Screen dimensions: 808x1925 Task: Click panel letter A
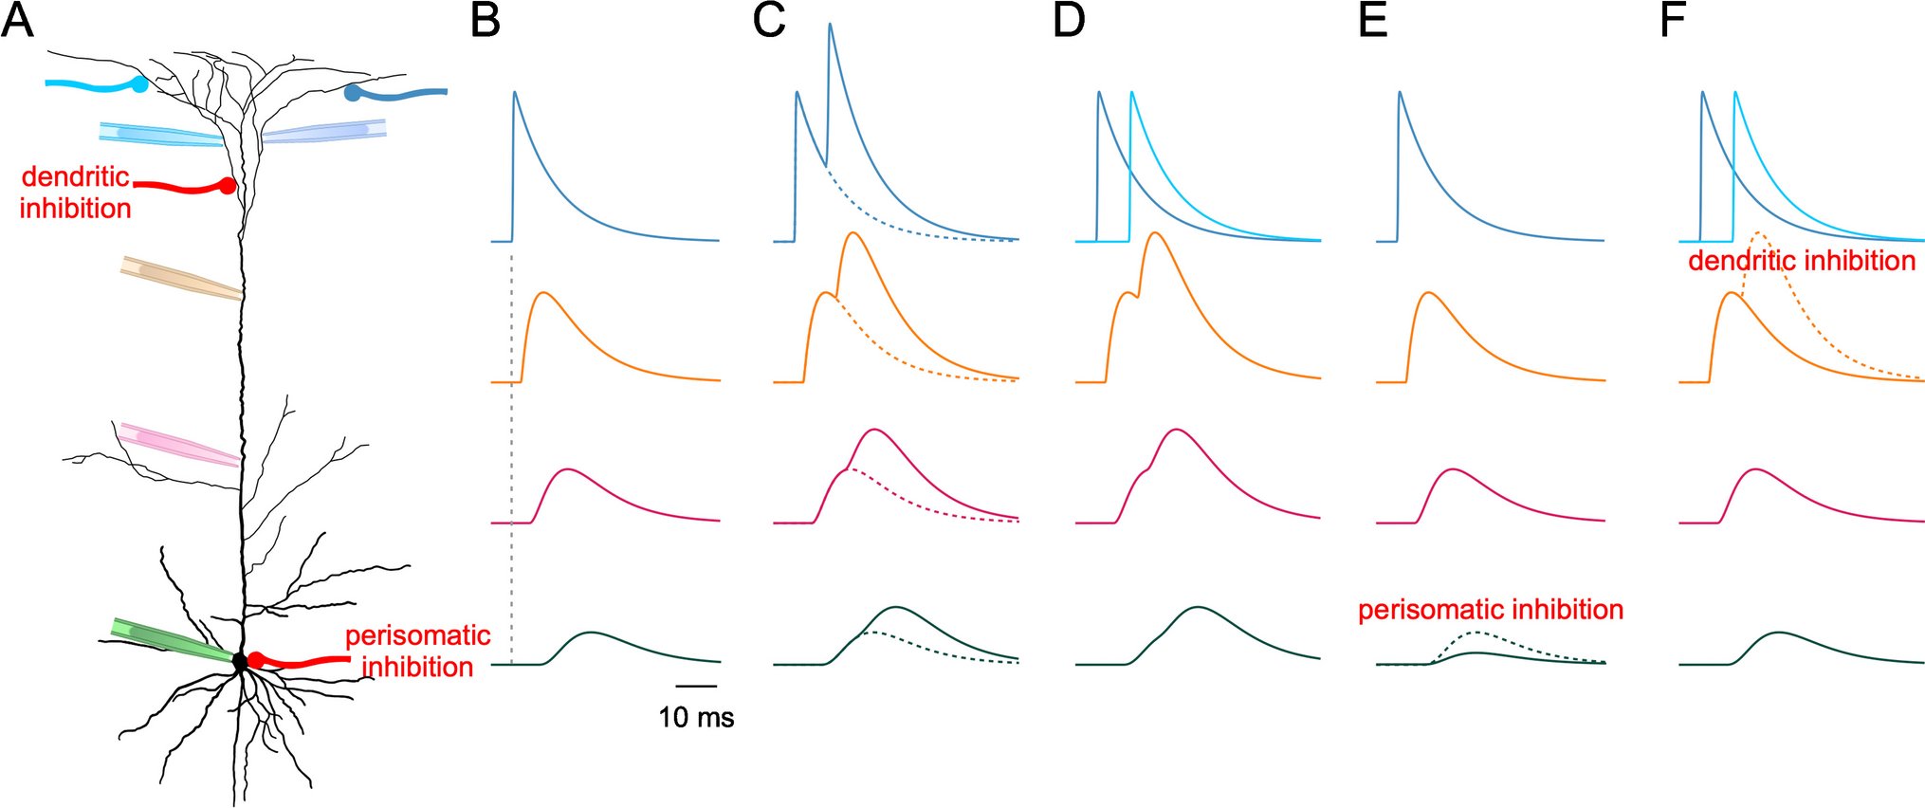click(17, 20)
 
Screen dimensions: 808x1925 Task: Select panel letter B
click(485, 20)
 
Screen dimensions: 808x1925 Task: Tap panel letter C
click(769, 20)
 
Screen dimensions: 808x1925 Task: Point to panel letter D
click(1069, 20)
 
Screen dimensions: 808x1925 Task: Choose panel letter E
click(1372, 20)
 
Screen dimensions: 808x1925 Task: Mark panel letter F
click(1673, 20)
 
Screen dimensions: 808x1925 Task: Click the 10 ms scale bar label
click(696, 718)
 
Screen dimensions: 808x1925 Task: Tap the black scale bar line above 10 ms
click(696, 685)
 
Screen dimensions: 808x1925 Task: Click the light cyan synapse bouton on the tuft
click(140, 84)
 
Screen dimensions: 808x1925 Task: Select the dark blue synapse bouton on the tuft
click(353, 93)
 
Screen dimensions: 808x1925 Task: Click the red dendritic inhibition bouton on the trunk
click(228, 186)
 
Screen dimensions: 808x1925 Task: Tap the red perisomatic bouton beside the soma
click(256, 660)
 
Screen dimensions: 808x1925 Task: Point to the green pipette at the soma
click(171, 640)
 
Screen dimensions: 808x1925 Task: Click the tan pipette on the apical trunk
click(180, 277)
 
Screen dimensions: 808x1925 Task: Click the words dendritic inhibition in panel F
click(1802, 261)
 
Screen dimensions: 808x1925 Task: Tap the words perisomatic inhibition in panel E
click(1491, 609)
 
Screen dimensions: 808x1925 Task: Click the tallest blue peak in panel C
click(830, 25)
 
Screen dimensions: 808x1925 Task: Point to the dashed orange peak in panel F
click(1759, 233)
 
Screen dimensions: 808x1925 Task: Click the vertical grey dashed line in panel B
click(512, 455)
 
